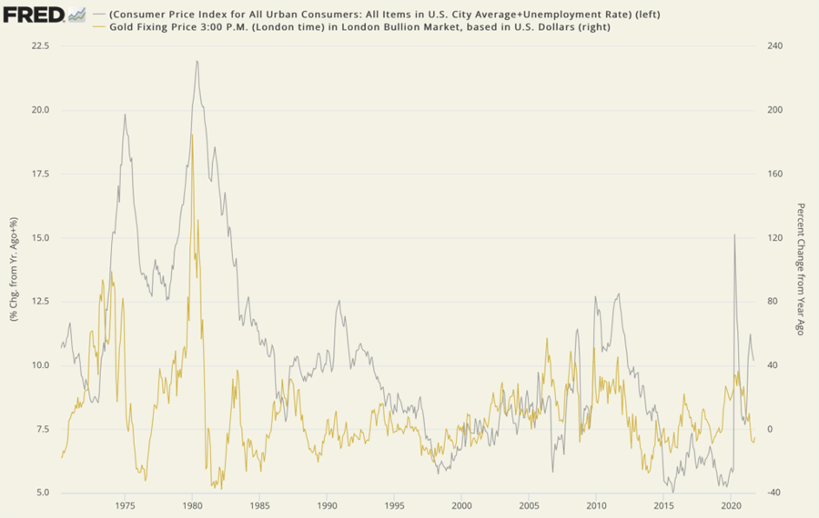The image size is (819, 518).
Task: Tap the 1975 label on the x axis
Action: [x=126, y=505]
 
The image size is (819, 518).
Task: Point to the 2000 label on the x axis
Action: [x=461, y=505]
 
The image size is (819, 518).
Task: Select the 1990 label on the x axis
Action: [x=327, y=505]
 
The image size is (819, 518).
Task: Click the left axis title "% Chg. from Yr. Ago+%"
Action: [x=15, y=270]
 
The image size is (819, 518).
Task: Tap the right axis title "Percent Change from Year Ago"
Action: [x=801, y=270]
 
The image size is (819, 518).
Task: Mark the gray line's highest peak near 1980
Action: [x=197, y=61]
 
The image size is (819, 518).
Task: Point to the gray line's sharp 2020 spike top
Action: [x=734, y=234]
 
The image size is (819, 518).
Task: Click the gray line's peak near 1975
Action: [x=126, y=115]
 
